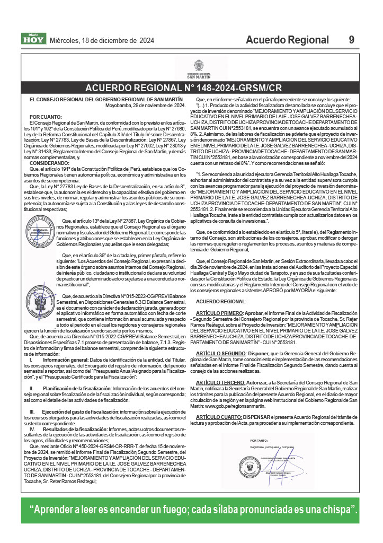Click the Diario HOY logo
(x=33, y=38)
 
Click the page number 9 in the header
(x=352, y=40)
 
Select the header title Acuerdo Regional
(x=287, y=40)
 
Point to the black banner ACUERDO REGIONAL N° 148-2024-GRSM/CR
(x=191, y=88)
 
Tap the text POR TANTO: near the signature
(x=259, y=441)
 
